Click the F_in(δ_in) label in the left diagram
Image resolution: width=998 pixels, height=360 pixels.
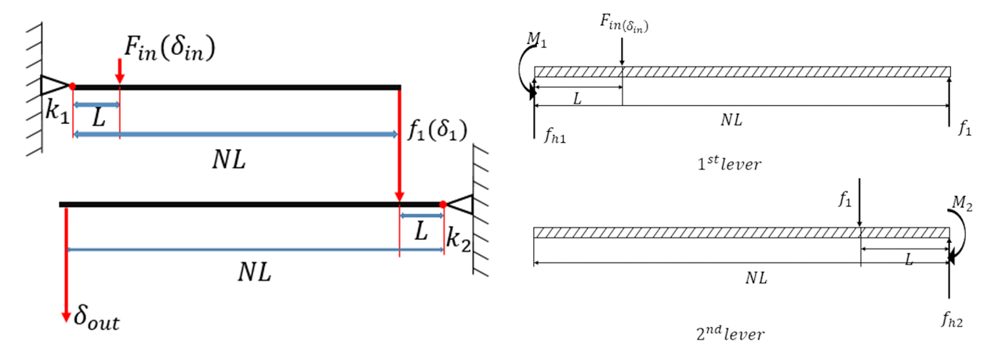pos(168,49)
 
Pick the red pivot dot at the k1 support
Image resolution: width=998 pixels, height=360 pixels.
pos(72,86)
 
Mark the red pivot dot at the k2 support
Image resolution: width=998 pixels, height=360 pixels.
pos(443,205)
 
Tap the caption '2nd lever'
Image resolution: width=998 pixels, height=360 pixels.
pos(729,333)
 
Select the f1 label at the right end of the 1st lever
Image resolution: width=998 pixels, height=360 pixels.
pos(964,129)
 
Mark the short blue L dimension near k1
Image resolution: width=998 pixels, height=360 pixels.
pos(96,104)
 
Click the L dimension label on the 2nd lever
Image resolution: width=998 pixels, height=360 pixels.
pos(909,260)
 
